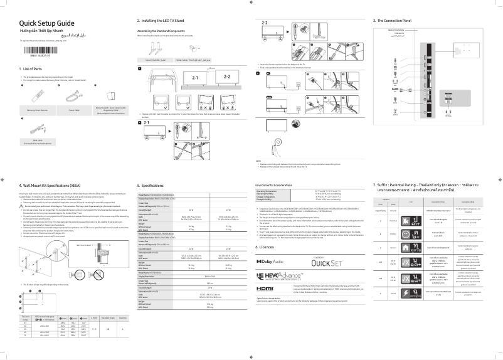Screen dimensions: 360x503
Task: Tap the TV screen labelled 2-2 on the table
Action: (x=227, y=79)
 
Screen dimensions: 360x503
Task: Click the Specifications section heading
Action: (x=151, y=186)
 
